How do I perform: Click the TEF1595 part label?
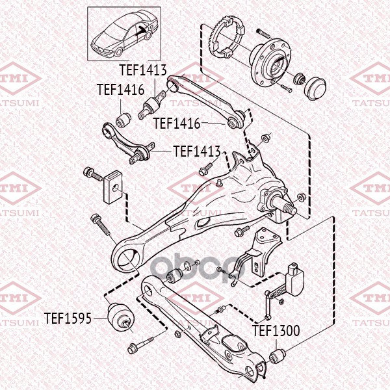coord(68,318)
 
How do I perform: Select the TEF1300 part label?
coord(276,331)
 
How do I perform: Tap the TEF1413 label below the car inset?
coord(143,70)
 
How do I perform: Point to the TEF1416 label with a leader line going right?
coord(177,123)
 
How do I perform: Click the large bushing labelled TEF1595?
coord(121,317)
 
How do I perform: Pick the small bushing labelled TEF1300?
coord(278,356)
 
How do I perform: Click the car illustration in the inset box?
coord(124,34)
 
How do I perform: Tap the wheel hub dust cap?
coord(315,88)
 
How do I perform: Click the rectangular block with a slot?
coord(113,187)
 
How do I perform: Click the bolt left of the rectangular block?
coord(92,174)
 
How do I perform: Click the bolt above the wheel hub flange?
coord(263,34)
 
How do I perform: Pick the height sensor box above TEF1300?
coord(295,279)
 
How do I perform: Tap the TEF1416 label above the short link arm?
coord(121,89)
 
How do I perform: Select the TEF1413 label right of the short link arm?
coord(197,151)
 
